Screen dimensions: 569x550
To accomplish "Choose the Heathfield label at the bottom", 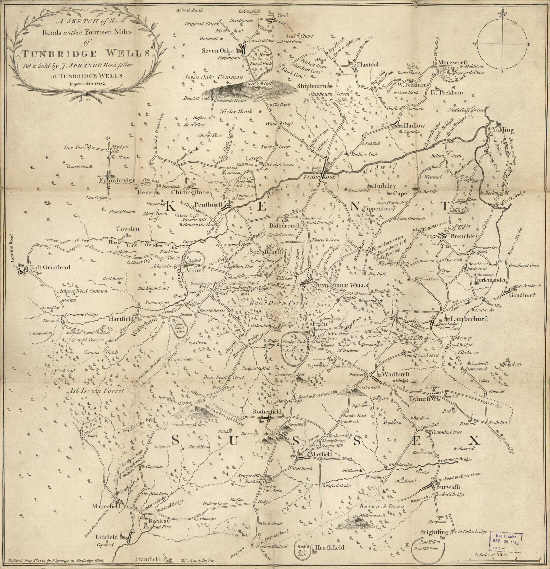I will (x=330, y=548).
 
